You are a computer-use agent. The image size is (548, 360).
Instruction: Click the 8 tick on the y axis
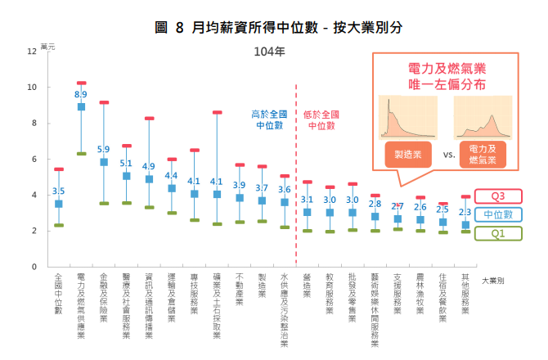tap(33, 124)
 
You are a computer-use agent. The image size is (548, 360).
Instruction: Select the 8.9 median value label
tap(81, 96)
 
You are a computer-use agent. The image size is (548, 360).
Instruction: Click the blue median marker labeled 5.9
tap(104, 162)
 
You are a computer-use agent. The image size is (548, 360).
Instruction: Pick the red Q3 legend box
tap(497, 196)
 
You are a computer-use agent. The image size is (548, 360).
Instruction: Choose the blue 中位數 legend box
tap(497, 214)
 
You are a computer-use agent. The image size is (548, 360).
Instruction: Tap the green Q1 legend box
tap(497, 232)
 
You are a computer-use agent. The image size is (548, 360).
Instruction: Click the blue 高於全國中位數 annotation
tap(268, 120)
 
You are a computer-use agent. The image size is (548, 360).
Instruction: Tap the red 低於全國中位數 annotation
tap(320, 120)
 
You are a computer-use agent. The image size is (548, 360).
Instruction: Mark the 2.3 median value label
tap(465, 212)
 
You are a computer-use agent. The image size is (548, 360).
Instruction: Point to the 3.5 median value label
tap(59, 191)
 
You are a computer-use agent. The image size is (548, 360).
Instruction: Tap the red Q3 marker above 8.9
tap(81, 83)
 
